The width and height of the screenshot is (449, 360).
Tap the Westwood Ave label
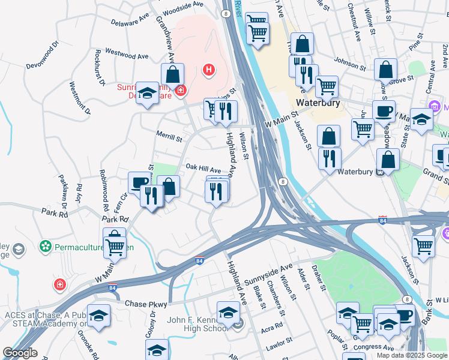point(127,55)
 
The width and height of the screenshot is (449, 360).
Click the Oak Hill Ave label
point(203,169)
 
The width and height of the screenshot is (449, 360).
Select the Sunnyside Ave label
point(268,273)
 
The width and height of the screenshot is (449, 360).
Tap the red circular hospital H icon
point(208,70)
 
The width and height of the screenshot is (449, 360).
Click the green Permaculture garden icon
point(44,246)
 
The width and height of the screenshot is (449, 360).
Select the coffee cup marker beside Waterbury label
point(384,112)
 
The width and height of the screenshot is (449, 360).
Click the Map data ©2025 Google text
point(412,355)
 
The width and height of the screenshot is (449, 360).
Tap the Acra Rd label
point(272,329)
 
